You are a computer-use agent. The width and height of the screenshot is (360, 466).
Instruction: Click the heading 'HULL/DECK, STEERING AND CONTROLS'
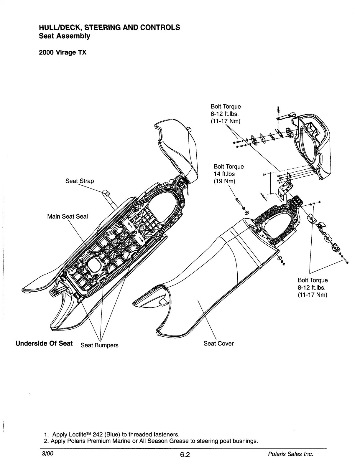point(109,27)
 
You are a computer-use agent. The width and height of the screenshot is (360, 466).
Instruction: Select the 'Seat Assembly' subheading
point(65,36)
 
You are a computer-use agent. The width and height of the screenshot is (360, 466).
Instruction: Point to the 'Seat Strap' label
point(80,181)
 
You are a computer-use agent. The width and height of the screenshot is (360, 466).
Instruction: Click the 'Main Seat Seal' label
point(68,217)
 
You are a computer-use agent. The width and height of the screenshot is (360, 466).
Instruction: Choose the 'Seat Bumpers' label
point(99,345)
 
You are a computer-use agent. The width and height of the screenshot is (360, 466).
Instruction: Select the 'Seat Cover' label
point(218,343)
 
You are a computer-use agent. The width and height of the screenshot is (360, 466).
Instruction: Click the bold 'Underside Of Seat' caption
point(44,343)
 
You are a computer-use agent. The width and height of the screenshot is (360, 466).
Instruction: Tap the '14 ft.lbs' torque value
point(224,174)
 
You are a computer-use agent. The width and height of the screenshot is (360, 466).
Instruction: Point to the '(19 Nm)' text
point(224,181)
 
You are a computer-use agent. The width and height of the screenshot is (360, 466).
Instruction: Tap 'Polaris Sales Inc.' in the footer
point(290,454)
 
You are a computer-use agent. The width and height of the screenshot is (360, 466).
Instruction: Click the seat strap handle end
point(106,193)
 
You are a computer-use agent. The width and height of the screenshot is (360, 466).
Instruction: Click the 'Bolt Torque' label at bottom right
point(313,280)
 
